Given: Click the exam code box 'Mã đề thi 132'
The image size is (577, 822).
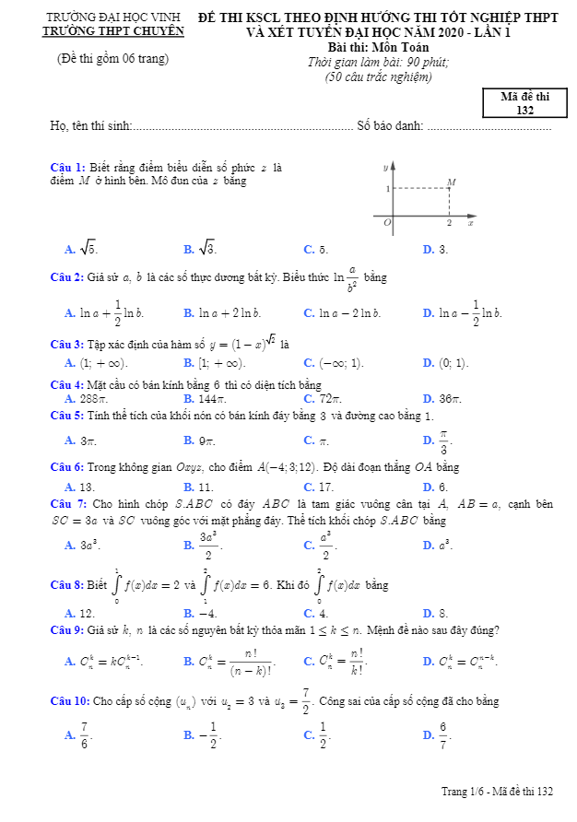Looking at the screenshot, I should tap(524, 103).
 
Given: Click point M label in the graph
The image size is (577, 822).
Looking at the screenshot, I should tap(451, 182).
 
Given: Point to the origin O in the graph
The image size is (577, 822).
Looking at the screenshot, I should tap(387, 223).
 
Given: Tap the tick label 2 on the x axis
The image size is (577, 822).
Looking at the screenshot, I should tap(449, 224).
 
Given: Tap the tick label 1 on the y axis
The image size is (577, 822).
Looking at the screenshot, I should tap(387, 188).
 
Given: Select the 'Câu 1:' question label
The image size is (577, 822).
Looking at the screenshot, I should tap(67, 167).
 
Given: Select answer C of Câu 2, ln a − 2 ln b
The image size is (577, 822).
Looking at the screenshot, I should tap(349, 313).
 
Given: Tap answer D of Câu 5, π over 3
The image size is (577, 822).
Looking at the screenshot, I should tap(442, 441).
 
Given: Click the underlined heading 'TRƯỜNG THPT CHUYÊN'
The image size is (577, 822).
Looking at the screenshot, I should tap(113, 30).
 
